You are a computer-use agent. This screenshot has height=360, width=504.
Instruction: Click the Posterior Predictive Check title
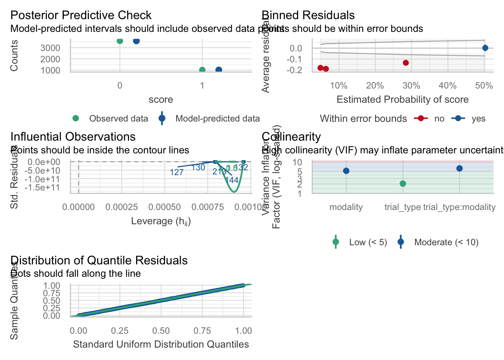point(81,15)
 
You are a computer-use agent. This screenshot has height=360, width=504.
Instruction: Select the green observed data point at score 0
point(120,40)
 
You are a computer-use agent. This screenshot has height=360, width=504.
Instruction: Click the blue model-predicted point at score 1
point(219,70)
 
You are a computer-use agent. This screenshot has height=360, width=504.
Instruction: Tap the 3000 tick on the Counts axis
point(50,48)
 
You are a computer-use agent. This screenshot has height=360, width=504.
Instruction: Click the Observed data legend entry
point(118,119)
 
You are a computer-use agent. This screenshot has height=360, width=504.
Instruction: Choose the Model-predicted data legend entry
point(217,119)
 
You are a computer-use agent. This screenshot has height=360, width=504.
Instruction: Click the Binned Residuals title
point(308,15)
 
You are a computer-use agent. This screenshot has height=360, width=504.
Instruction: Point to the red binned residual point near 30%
point(405,63)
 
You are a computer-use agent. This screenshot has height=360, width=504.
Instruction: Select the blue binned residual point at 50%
point(485,48)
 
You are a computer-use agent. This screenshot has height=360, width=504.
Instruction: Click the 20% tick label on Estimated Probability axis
point(375,86)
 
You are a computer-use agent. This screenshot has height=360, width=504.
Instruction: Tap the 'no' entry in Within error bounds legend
point(439,119)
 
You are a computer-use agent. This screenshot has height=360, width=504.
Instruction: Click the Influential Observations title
point(73,137)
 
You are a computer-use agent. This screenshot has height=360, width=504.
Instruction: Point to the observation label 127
point(177,172)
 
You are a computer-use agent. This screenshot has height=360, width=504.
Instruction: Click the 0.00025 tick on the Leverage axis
point(121,207)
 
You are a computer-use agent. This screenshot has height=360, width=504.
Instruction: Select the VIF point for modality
point(346,171)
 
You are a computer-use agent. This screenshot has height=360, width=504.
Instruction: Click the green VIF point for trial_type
point(403,183)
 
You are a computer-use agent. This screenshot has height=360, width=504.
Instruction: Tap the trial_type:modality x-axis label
point(459,207)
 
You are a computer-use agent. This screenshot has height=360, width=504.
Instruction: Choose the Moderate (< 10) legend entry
point(446,242)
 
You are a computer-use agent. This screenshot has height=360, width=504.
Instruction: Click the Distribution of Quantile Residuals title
point(99,261)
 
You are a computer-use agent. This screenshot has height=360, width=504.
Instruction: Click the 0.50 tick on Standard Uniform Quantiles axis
point(161,331)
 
